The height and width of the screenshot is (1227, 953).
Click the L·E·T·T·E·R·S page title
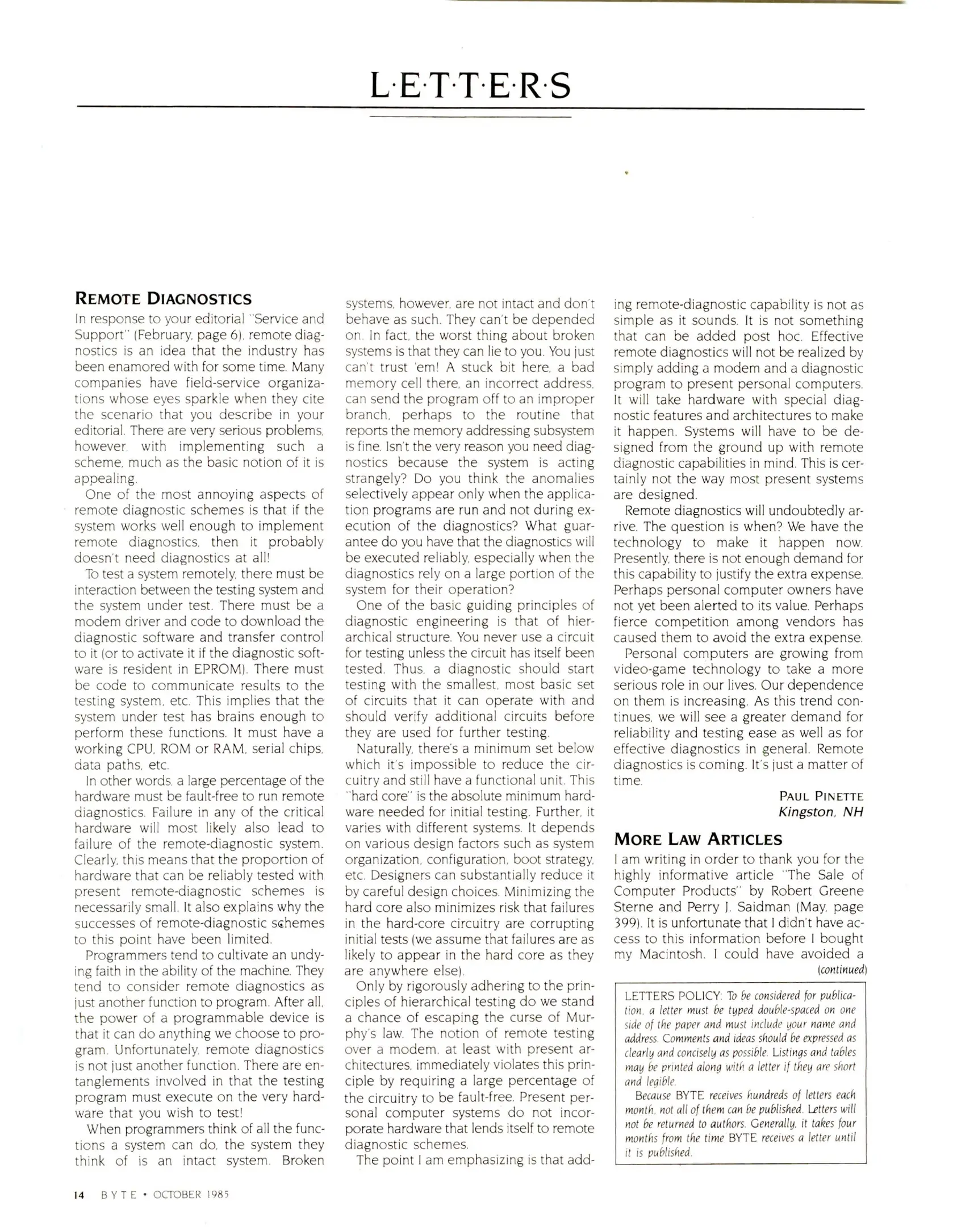click(x=470, y=86)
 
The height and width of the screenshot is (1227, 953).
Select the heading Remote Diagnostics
click(x=163, y=299)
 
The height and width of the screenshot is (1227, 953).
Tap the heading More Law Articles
click(x=698, y=839)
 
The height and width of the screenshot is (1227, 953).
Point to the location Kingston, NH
click(x=821, y=812)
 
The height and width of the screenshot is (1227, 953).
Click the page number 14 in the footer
click(x=79, y=1195)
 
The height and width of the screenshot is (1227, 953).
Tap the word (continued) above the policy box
click(x=842, y=970)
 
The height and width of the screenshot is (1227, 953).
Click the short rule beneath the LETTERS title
click(x=470, y=117)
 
